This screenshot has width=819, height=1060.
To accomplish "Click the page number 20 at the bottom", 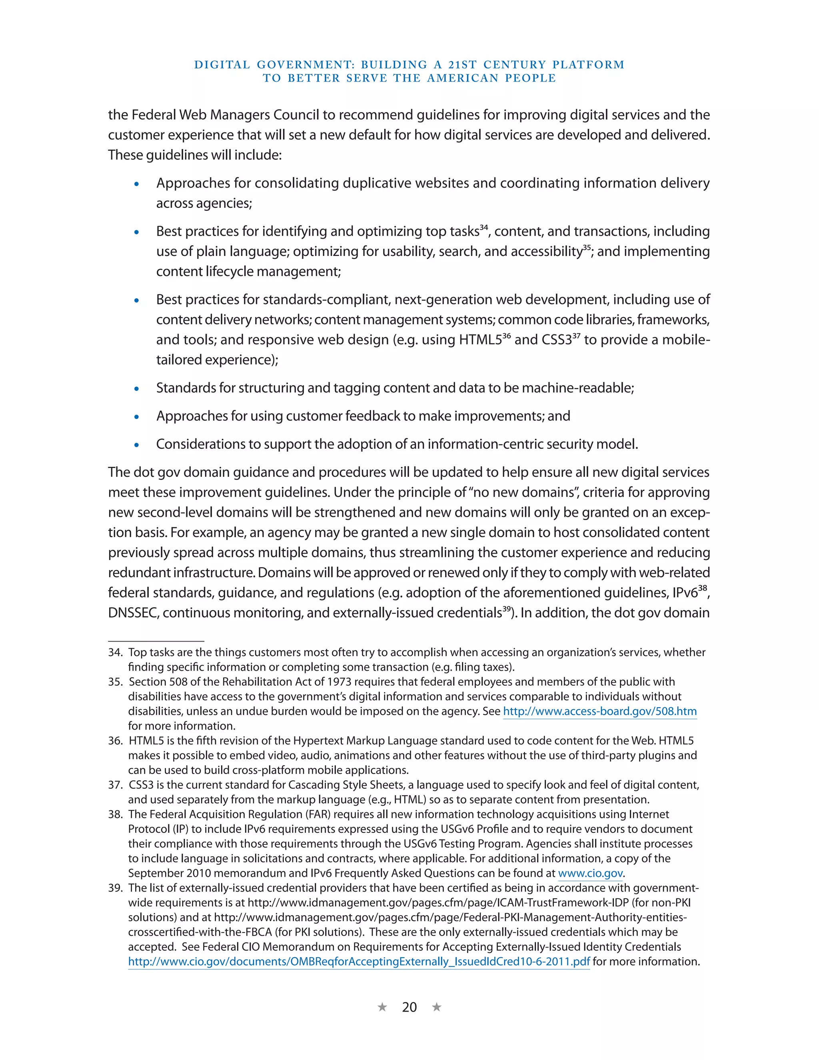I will (x=409, y=1007).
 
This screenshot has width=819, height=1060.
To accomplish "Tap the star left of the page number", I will (x=382, y=1007).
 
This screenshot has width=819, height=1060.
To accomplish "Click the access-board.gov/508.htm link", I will (x=600, y=712).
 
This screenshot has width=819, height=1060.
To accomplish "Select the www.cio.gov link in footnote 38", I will (x=590, y=873).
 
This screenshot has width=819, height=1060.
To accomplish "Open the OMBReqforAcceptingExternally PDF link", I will (x=359, y=962).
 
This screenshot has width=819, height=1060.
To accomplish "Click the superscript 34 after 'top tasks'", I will (x=484, y=227).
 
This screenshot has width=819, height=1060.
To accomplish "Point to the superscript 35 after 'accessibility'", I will (x=587, y=248).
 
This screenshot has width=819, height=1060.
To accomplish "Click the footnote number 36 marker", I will (x=115, y=741).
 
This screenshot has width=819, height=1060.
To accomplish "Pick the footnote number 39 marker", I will (x=115, y=888).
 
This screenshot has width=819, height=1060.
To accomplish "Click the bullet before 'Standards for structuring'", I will (x=137, y=389).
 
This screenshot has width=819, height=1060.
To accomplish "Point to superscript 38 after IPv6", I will (x=703, y=589).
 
